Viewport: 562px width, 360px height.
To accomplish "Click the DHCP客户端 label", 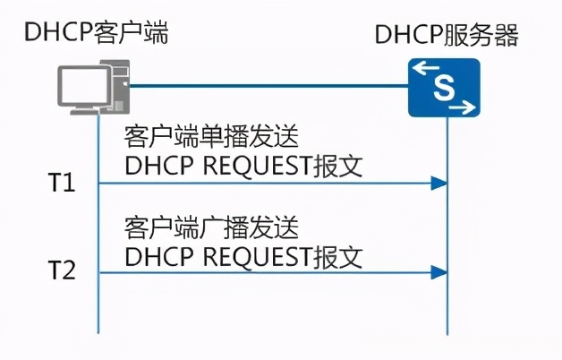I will point(97,33).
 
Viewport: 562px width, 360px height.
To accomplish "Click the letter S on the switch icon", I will point(444,88).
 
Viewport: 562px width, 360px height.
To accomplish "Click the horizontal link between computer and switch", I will point(268,87).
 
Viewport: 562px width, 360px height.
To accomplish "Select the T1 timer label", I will point(61,184).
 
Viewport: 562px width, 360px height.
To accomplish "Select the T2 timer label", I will point(61,270).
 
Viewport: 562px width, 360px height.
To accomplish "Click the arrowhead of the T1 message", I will point(439,184).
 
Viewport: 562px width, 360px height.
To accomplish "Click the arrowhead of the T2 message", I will point(439,270).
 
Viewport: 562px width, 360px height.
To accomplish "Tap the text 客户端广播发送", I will point(210,226).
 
